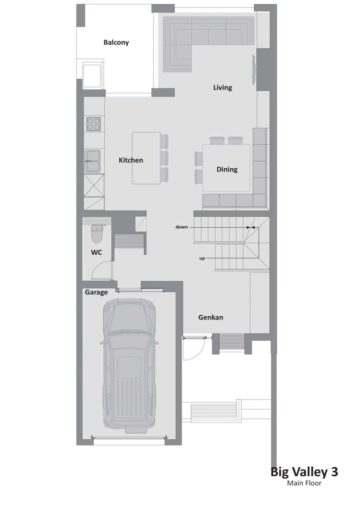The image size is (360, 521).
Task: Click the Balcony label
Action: click(x=116, y=43)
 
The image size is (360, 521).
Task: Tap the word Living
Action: click(x=222, y=88)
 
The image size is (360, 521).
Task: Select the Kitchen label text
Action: click(x=131, y=160)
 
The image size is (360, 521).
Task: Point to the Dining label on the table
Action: click(x=227, y=169)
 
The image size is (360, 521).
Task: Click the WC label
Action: click(x=96, y=253)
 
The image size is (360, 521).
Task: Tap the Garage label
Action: click(x=96, y=292)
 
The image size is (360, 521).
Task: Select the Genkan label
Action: click(x=210, y=317)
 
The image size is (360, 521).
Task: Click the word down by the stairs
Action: click(x=181, y=227)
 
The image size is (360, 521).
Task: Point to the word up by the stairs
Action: click(x=202, y=258)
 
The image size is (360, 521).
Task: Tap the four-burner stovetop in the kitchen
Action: click(x=94, y=124)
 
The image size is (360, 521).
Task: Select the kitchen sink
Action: click(x=92, y=161)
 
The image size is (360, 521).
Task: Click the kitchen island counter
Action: click(x=146, y=158)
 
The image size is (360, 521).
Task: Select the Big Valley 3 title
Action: click(x=304, y=472)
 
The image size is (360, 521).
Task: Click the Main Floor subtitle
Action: click(x=304, y=483)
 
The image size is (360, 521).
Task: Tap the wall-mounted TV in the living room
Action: click(x=254, y=70)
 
